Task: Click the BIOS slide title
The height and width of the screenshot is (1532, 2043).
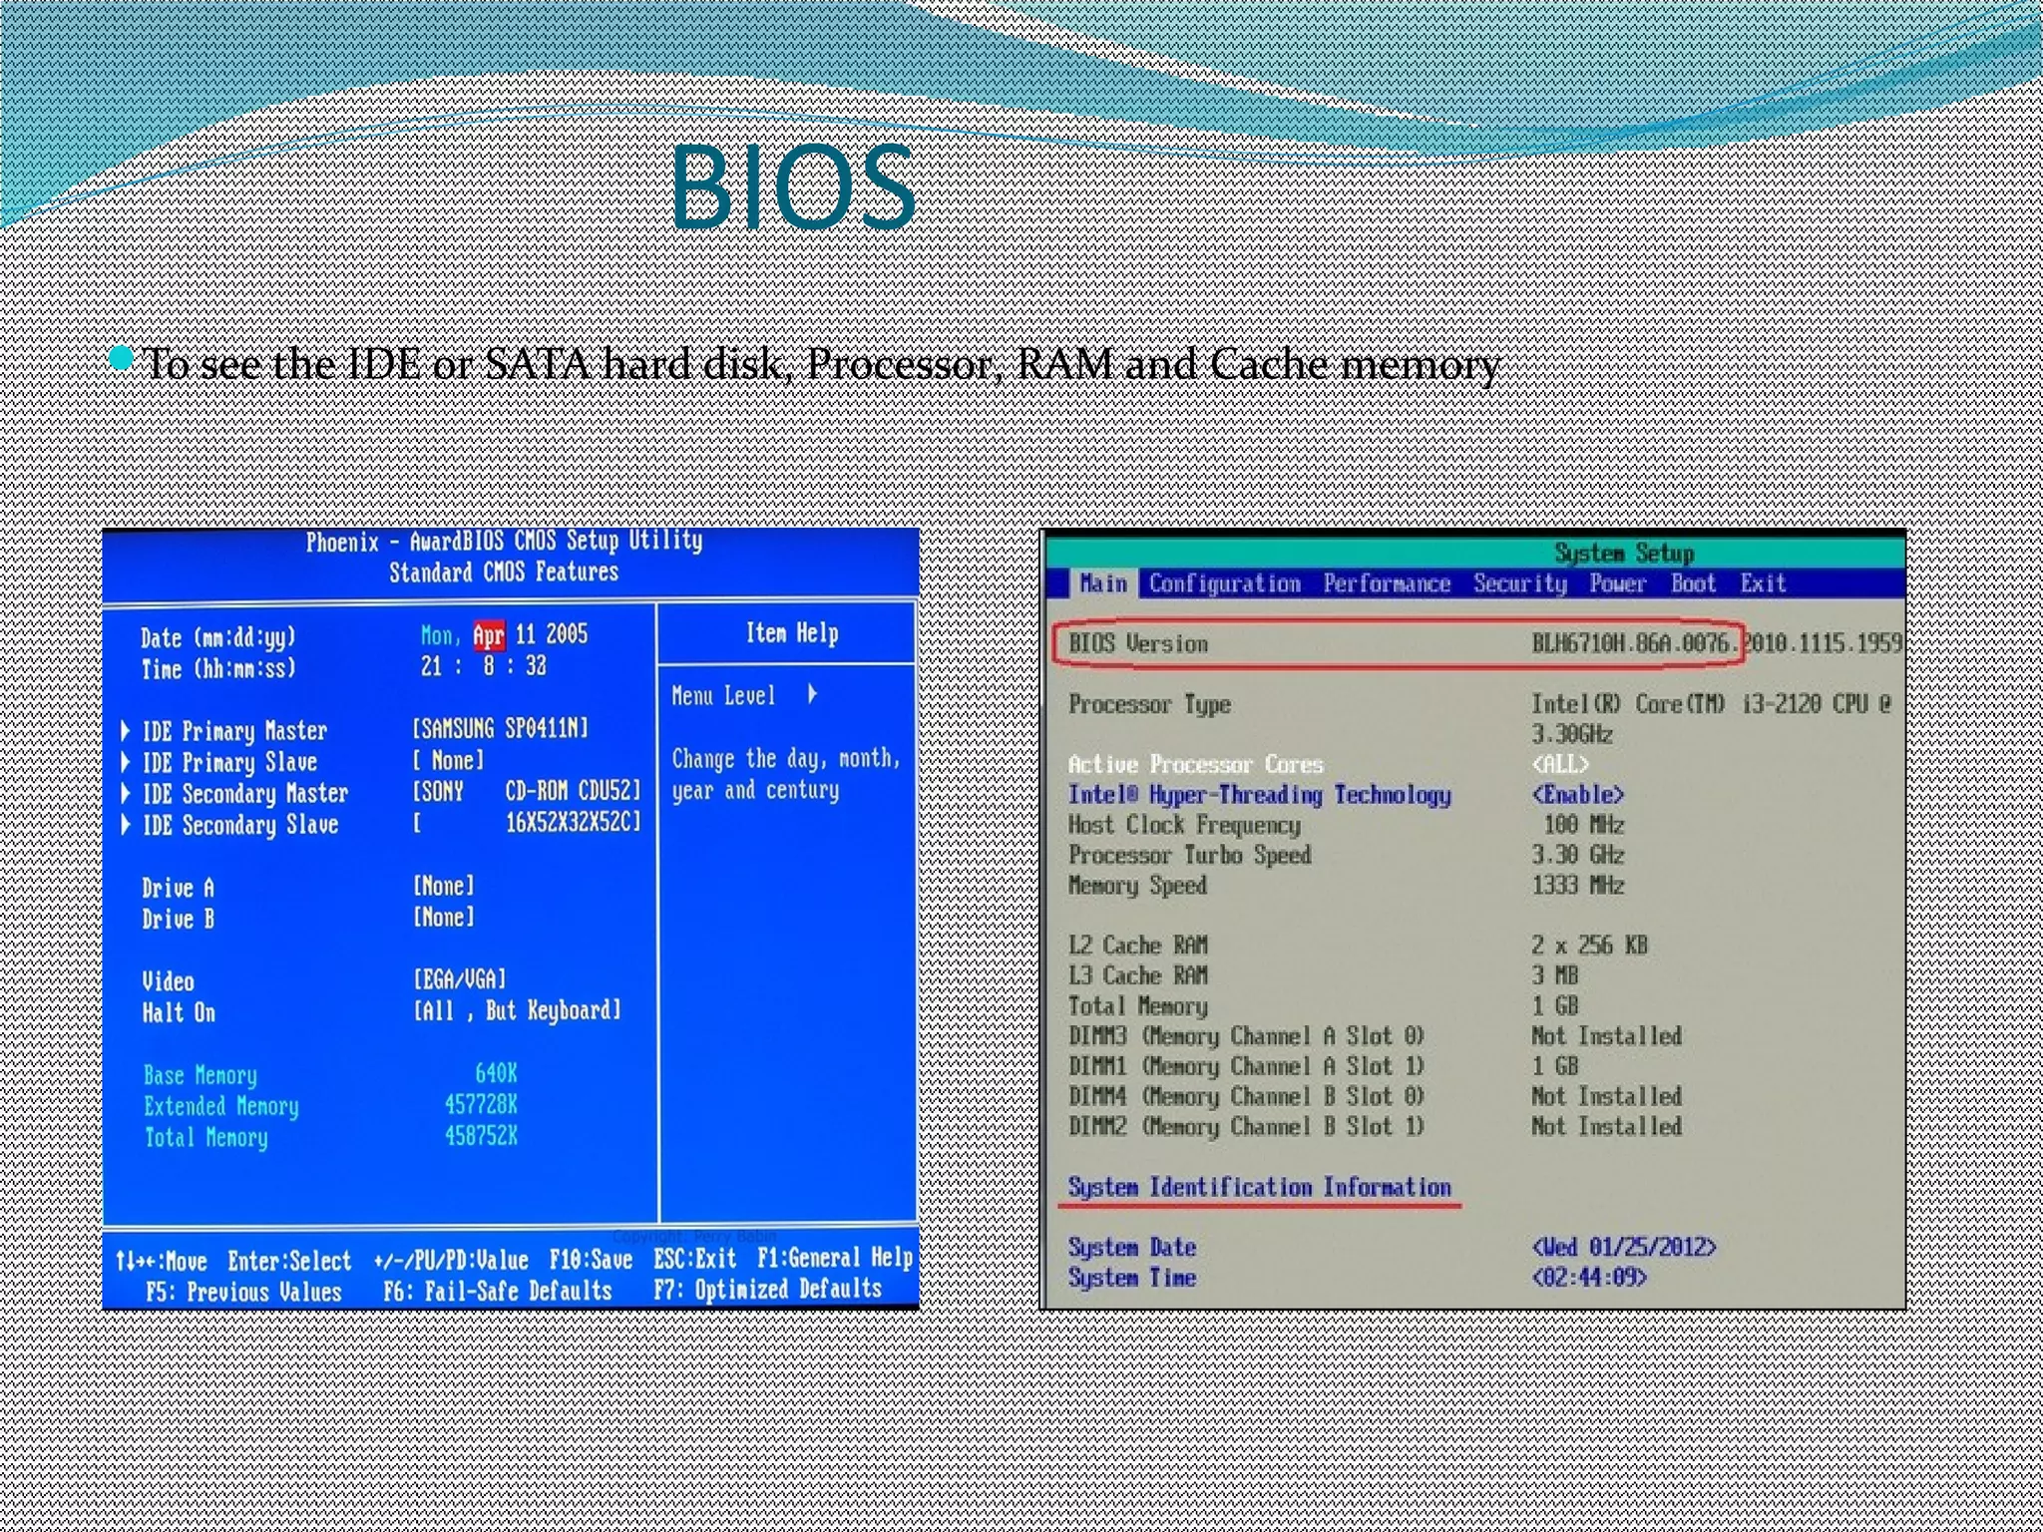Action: coord(792,188)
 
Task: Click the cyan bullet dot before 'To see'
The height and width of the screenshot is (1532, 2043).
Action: coord(121,357)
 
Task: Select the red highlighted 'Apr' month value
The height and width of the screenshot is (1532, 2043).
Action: coord(488,635)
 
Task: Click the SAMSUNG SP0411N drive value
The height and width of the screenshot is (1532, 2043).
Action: coord(501,728)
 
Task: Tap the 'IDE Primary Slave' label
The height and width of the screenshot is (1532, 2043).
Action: coord(229,762)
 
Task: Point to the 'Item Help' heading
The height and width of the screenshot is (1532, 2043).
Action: coord(792,633)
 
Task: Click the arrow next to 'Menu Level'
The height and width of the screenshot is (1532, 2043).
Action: coord(813,694)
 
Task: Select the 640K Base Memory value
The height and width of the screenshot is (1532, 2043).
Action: coord(496,1073)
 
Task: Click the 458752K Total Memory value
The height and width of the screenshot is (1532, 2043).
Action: coord(481,1135)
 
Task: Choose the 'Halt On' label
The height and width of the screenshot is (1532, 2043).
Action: coord(179,1012)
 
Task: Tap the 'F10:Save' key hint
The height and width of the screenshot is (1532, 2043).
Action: coord(591,1259)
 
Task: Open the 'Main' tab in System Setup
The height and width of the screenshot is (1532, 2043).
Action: coord(1102,583)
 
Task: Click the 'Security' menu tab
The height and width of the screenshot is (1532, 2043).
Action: coord(1519,583)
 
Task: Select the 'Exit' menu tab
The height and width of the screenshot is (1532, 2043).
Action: coord(1762,583)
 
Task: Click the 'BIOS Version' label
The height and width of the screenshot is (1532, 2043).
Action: coord(1138,643)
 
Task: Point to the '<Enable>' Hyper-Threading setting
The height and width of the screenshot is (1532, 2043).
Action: coord(1577,795)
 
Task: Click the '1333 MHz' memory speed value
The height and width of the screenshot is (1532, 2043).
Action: coord(1577,885)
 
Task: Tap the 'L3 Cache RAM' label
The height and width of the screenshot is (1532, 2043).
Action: coord(1137,975)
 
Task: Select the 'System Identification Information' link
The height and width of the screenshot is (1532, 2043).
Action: coord(1259,1187)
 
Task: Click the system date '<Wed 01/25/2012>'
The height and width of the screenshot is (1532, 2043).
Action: coord(1623,1247)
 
